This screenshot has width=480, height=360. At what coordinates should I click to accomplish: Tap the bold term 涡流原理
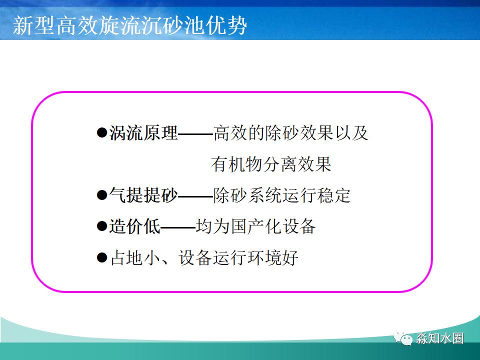143,133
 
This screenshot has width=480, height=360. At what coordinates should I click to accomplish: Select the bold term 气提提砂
143,195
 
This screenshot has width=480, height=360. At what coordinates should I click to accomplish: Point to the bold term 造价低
135,226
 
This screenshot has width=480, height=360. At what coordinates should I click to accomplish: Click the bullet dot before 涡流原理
101,133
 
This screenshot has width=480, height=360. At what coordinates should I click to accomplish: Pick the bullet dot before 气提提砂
101,195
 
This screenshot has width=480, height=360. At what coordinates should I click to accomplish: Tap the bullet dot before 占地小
101,258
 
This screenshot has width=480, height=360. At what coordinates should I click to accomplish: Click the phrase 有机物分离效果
271,164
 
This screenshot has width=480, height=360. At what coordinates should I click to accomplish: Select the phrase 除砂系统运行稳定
282,195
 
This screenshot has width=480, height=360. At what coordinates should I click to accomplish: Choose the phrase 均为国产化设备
256,226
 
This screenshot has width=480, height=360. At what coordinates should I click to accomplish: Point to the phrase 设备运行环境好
238,258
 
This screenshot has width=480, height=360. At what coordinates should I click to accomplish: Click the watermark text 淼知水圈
439,338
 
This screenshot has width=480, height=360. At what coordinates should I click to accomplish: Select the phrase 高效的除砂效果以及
290,133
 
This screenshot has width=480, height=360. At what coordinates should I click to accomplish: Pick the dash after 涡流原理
195,134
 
